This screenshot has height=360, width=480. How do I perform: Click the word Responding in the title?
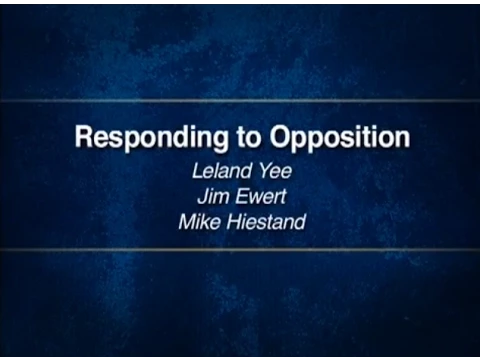[x=152, y=138]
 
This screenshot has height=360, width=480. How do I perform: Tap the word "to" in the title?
[x=248, y=137]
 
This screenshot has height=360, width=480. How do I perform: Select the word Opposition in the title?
[x=340, y=138]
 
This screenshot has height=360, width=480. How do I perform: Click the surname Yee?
[x=276, y=171]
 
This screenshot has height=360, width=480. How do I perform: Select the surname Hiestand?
[x=266, y=222]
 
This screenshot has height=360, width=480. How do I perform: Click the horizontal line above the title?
[x=240, y=100]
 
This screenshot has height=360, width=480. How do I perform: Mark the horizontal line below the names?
[x=240, y=249]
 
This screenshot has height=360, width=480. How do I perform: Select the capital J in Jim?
[x=203, y=196]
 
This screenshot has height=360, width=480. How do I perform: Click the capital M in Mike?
[x=189, y=222]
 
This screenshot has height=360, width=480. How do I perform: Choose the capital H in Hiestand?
[x=235, y=222]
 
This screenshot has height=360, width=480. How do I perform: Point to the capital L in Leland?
[x=197, y=171]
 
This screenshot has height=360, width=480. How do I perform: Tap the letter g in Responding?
[x=219, y=142]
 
